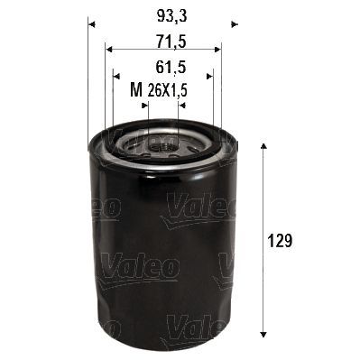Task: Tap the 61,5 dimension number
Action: coord(162,68)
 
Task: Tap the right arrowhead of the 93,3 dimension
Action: coord(233,21)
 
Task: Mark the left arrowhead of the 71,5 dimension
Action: coord(108,50)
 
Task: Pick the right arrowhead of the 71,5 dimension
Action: coord(218,50)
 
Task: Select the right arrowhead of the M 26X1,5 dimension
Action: coord(181,105)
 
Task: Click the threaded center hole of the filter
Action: coord(162,143)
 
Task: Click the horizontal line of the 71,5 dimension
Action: coord(162,50)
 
